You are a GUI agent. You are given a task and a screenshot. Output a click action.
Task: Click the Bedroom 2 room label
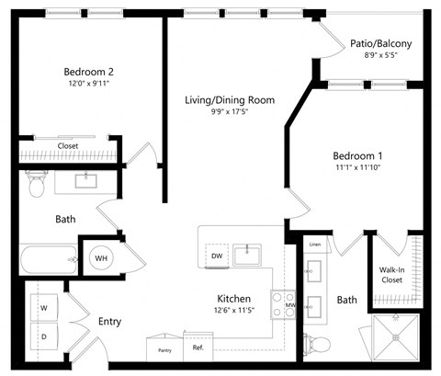tap(88, 72)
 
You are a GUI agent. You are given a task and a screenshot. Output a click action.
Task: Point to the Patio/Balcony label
tap(380, 43)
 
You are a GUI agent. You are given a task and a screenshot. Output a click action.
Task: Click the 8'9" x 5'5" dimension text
tap(380, 57)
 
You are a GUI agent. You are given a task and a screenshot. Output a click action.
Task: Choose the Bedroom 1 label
tap(359, 155)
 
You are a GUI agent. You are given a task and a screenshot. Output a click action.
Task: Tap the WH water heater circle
tap(101, 259)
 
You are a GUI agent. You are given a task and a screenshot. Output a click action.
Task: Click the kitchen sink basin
tap(248, 254)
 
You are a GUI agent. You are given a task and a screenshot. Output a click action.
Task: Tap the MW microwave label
tap(290, 305)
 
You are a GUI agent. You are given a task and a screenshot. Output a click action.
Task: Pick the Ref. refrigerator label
tap(198, 348)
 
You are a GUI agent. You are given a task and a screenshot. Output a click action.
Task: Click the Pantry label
tap(165, 349)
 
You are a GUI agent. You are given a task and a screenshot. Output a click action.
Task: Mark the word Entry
tap(109, 322)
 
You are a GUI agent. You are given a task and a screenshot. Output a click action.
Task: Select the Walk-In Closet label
tap(392, 273)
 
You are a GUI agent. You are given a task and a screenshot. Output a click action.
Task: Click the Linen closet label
tap(315, 245)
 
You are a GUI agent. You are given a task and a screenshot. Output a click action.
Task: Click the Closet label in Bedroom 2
tap(68, 146)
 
